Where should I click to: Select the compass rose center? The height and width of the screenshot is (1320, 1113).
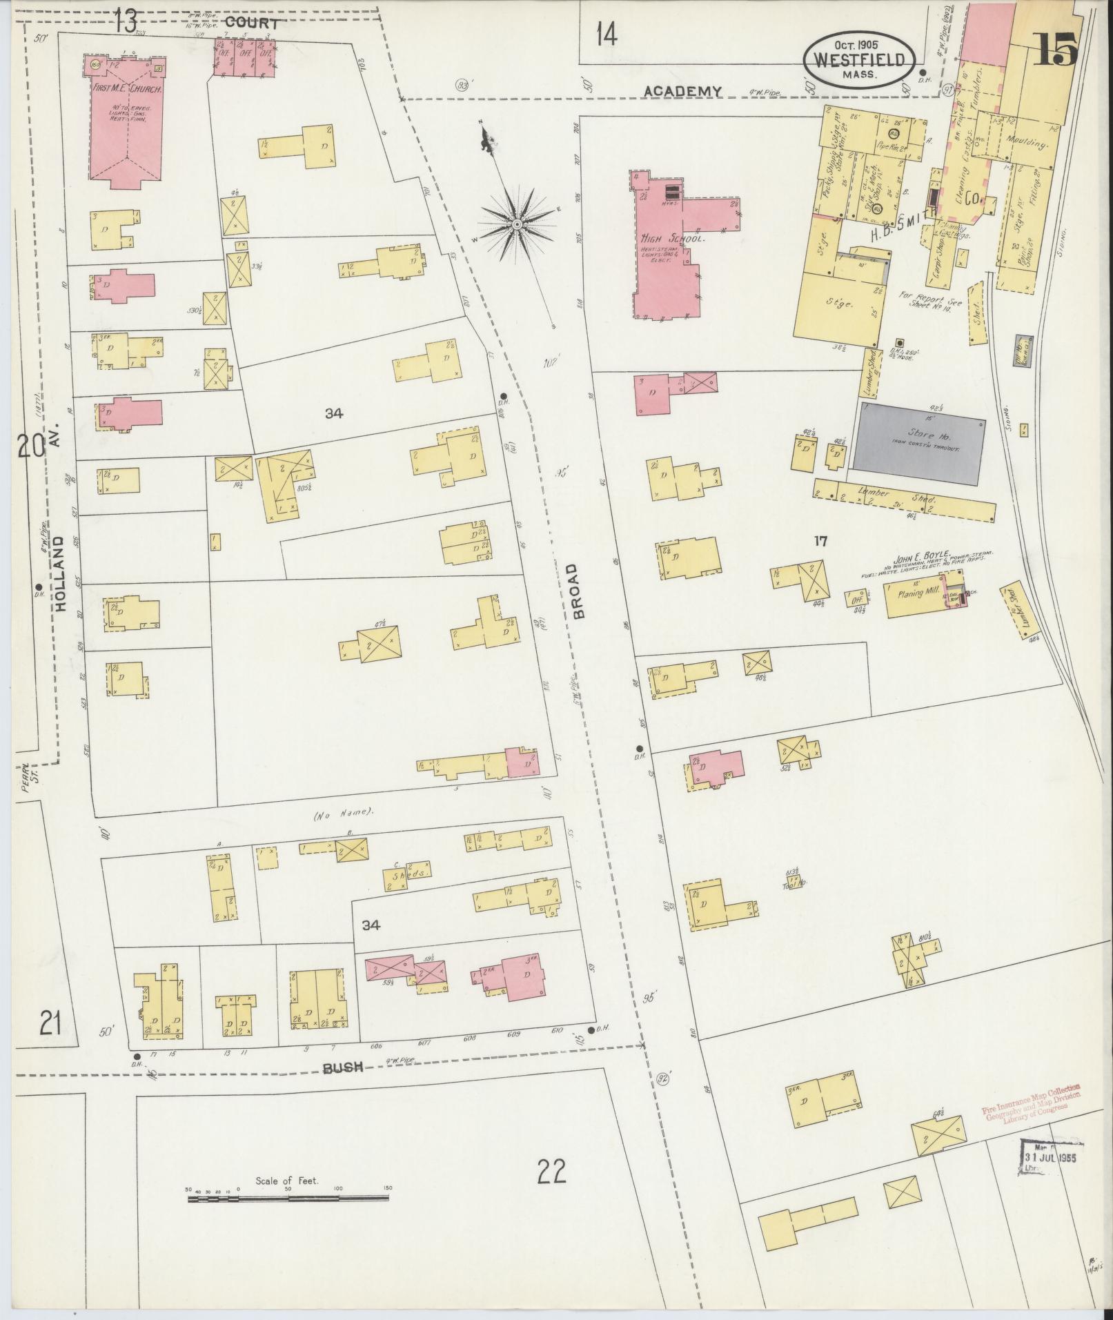[x=516, y=225]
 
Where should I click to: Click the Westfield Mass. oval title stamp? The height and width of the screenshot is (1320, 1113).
[x=858, y=59]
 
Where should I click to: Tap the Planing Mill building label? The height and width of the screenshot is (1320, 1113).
[x=915, y=593]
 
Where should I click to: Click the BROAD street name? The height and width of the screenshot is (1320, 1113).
[x=578, y=591]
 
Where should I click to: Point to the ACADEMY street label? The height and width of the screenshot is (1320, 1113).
[x=682, y=91]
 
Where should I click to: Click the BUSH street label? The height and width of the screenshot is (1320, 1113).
[x=343, y=1087]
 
